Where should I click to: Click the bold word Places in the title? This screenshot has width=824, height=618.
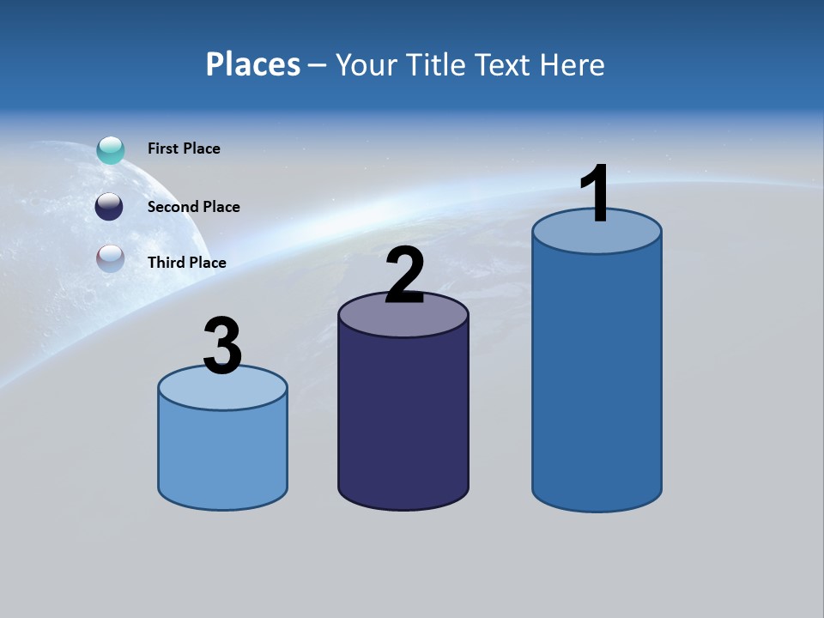(x=252, y=64)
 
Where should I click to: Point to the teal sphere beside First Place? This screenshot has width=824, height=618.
(x=111, y=149)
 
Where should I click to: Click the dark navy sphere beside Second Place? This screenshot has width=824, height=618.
(x=109, y=207)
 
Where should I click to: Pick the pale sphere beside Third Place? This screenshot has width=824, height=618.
(x=111, y=258)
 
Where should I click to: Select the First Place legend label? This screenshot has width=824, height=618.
(x=184, y=148)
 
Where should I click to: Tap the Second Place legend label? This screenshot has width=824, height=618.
(x=193, y=207)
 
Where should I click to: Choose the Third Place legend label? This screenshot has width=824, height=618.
(x=186, y=263)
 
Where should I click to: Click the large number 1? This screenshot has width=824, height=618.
(x=596, y=194)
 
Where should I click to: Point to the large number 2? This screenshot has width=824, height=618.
(x=404, y=276)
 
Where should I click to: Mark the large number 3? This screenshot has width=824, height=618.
(x=222, y=346)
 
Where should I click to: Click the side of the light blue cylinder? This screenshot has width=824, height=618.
(x=222, y=455)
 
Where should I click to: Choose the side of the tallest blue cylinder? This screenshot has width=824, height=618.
(x=597, y=378)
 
